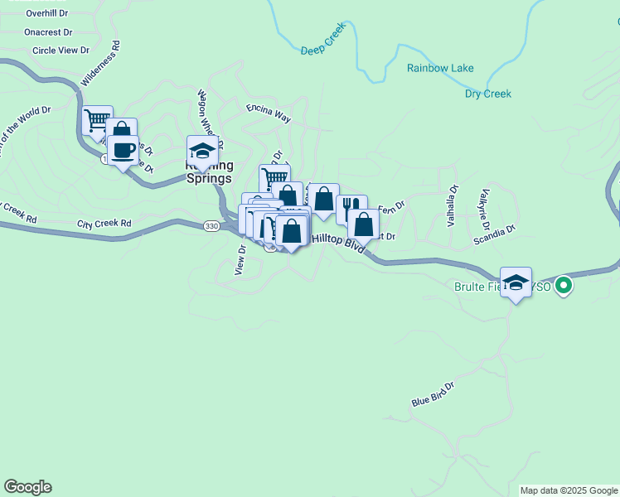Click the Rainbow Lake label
point(440,68)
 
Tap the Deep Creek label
point(322,51)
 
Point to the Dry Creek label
point(487,94)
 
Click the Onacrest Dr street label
point(48,32)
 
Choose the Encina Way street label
point(269,113)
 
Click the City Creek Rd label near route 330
point(104,224)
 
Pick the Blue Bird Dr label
point(434,394)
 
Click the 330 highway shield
point(211,225)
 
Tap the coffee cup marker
point(124,151)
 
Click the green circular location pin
point(564,287)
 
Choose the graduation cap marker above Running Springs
point(202,150)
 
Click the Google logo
point(27,487)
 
